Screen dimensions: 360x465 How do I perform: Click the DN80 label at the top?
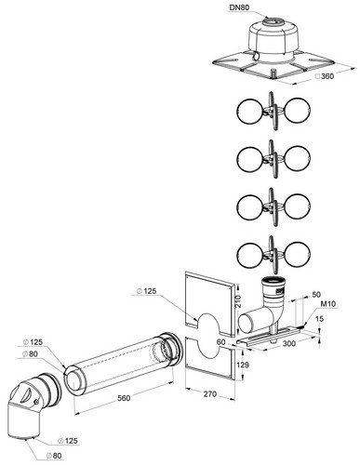pos(240,7)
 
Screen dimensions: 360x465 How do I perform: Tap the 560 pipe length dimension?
pos(124,398)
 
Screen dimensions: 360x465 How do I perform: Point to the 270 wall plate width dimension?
pos(210,394)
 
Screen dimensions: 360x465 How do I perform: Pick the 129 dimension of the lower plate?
pos(243,365)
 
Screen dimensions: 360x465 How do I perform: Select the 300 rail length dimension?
pos(288,343)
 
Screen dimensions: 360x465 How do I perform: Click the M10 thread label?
pos(327,304)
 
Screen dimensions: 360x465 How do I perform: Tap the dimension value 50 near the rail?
pos(316,294)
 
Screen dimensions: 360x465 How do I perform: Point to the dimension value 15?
pos(320,319)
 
